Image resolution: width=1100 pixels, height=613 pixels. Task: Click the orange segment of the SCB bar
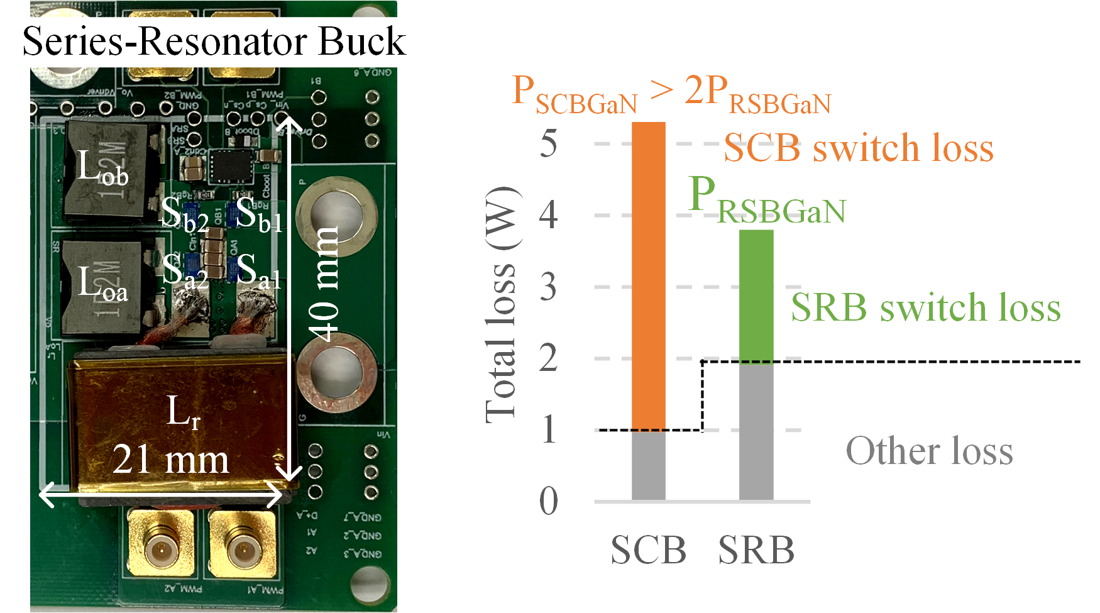(648, 277)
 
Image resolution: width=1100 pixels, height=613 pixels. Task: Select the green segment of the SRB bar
(756, 295)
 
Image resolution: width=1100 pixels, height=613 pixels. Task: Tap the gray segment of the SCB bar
(648, 465)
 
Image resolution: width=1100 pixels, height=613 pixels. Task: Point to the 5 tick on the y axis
(549, 144)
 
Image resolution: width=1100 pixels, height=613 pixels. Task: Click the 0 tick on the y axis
(549, 502)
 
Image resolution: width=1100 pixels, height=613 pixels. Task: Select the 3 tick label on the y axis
(549, 287)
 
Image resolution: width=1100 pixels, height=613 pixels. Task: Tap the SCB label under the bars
(648, 550)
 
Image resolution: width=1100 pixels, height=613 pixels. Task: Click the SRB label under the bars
(756, 550)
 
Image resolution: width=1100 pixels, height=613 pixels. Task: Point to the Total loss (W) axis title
(502, 305)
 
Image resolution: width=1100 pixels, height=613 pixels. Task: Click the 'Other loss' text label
(929, 451)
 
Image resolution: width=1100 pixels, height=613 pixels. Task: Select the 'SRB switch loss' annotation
(925, 307)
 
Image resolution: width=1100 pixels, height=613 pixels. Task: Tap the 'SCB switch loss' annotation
(858, 148)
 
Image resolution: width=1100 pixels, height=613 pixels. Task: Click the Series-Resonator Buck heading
(214, 41)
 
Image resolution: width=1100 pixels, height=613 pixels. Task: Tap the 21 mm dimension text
(170, 460)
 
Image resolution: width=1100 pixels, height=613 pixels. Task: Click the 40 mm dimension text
(325, 283)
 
